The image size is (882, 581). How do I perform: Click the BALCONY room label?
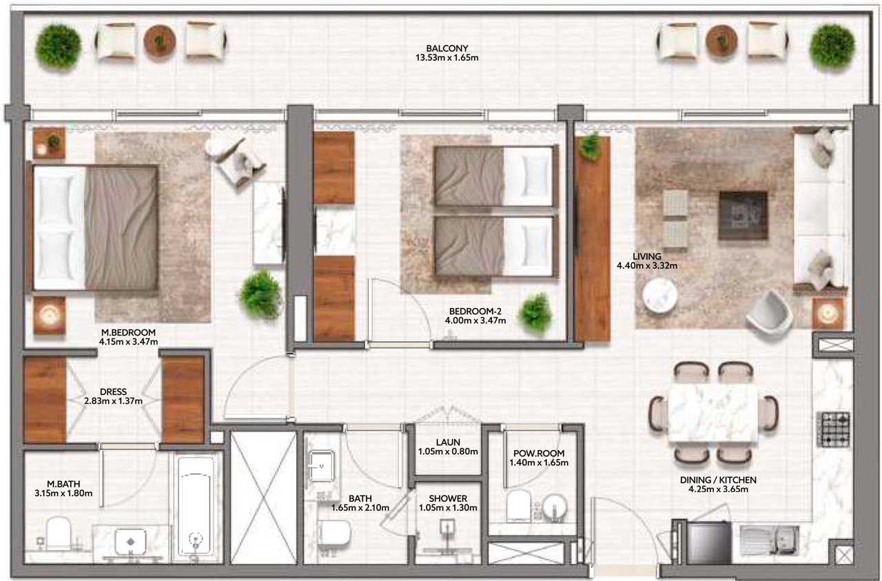point(447,48)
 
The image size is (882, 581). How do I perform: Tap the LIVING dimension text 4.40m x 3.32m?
point(647,266)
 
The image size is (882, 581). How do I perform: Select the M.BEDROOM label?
point(128,332)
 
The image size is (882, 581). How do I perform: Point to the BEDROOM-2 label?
point(475,312)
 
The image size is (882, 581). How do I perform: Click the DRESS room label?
point(114,392)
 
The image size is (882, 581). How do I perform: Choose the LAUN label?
point(448,442)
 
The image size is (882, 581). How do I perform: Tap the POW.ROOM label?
point(539,453)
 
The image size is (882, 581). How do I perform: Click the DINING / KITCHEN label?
point(718,480)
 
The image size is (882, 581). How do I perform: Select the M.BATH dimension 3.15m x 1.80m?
point(63,493)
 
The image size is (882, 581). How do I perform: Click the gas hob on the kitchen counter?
point(834,429)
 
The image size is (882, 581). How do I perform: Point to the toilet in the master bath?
point(59,534)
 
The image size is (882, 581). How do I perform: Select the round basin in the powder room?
point(555,507)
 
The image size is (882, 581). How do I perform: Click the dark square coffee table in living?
point(743,216)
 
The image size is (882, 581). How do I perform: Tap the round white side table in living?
point(659,296)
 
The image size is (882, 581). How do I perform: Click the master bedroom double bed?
point(94,227)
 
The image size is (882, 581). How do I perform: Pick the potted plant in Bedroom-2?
point(535,314)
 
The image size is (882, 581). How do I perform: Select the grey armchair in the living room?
point(769,314)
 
